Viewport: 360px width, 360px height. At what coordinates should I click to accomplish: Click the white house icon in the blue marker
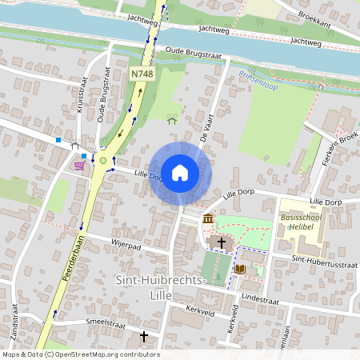pos(180,172)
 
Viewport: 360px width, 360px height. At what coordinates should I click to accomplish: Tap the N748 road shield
pos(142,74)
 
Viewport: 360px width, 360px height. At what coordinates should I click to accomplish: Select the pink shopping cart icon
pos(78,166)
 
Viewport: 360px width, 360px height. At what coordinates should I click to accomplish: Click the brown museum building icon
pos(208,218)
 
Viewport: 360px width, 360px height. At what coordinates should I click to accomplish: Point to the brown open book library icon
pos(239,269)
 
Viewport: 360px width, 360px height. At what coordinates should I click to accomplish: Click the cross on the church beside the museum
pos(221,242)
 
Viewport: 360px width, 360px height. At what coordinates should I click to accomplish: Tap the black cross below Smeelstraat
pos(145,337)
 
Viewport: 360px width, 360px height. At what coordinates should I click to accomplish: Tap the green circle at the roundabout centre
pos(102,161)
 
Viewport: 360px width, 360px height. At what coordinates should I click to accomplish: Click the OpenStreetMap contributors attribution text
pos(82,354)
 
